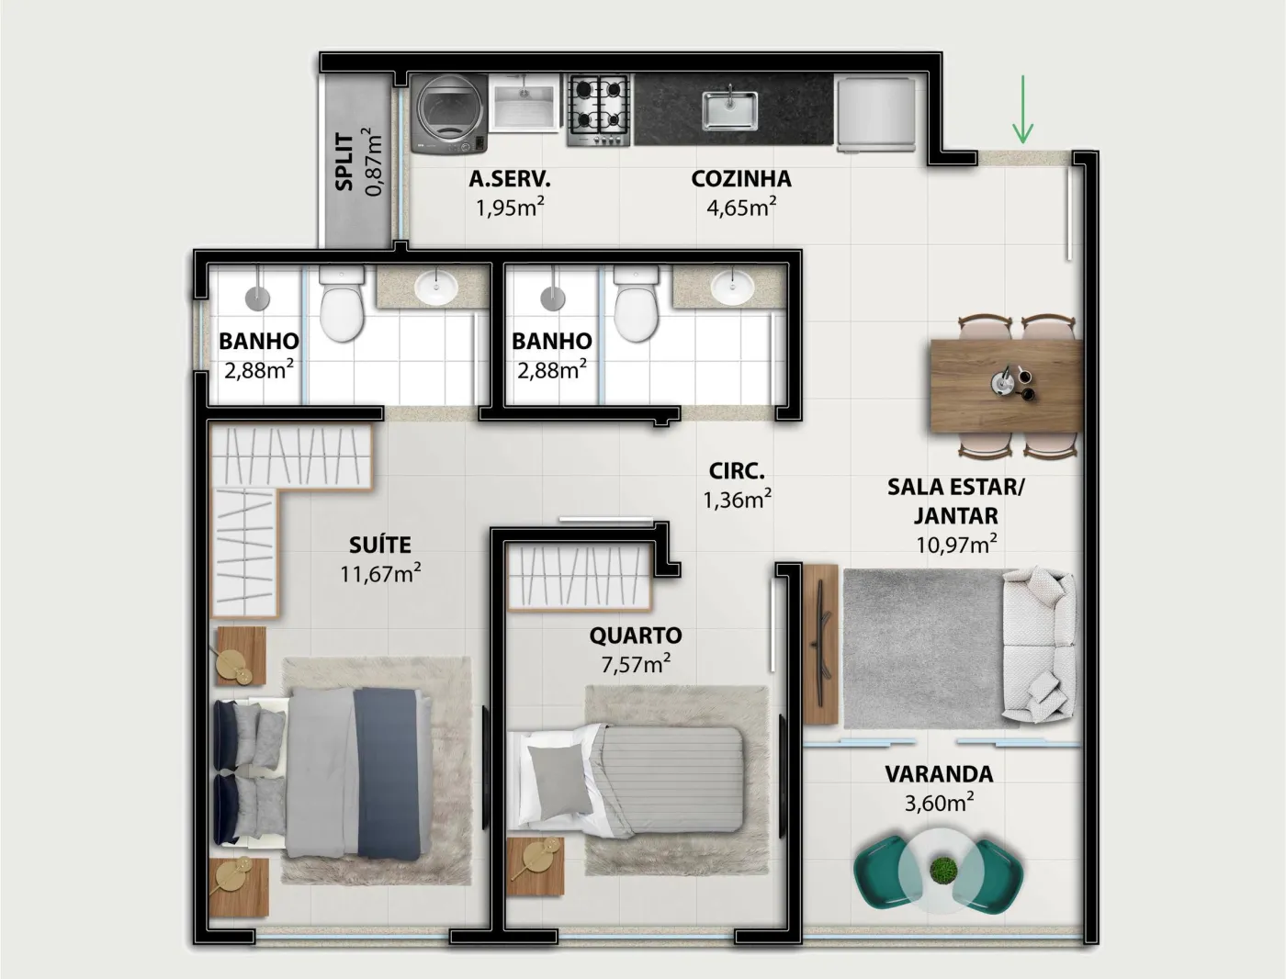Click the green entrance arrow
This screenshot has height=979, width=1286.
click(1023, 109)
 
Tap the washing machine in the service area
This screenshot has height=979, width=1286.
click(449, 114)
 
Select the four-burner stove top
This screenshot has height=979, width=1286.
click(598, 110)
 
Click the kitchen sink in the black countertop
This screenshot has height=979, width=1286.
click(729, 109)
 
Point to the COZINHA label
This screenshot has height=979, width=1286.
click(741, 179)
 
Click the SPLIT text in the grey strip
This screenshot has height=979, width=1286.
click(344, 163)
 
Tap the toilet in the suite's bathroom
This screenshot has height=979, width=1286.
click(342, 303)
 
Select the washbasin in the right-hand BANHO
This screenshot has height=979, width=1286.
click(732, 287)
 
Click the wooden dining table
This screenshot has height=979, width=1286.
click(1006, 387)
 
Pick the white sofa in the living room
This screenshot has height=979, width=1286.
click(1038, 644)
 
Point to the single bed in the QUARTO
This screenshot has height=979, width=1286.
click(626, 778)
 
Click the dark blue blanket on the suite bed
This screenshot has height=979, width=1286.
click(389, 774)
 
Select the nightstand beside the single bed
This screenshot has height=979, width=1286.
click(535, 865)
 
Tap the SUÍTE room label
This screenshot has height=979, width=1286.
click(380, 546)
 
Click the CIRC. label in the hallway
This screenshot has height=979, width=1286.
click(737, 471)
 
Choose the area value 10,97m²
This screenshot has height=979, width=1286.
click(956, 545)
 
